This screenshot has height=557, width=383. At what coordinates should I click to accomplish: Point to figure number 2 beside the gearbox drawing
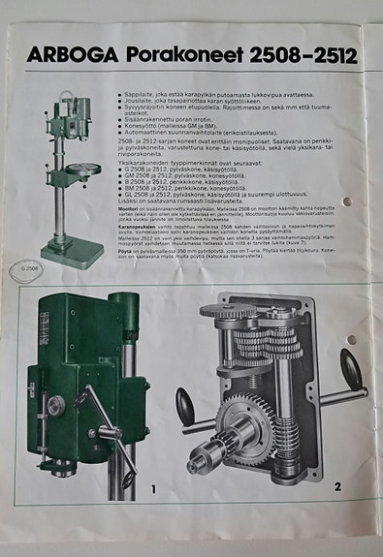click(x=336, y=484)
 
